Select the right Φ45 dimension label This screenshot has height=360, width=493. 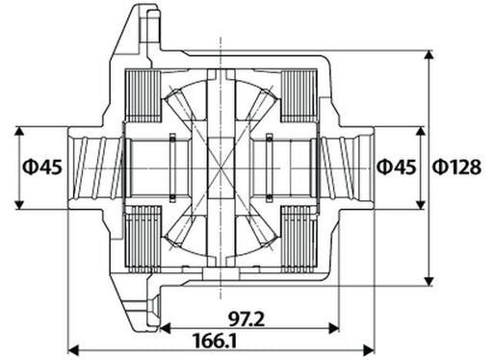click(x=395, y=167)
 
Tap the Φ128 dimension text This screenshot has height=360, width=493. click(x=456, y=167)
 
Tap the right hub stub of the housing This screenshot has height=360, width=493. click(x=347, y=167)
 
